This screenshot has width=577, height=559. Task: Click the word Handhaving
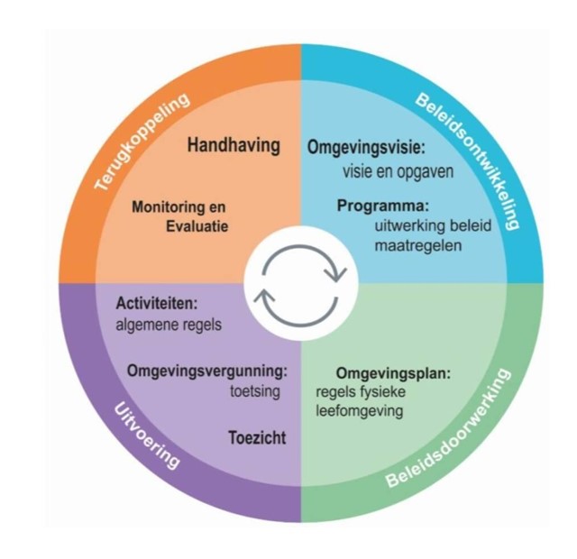[x=234, y=145]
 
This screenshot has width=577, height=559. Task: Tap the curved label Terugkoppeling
[x=142, y=142]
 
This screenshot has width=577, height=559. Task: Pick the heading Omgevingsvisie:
[x=366, y=148]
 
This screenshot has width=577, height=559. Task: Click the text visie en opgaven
[x=398, y=172]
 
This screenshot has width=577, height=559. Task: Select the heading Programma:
[x=383, y=206]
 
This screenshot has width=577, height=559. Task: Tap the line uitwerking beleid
[x=433, y=225]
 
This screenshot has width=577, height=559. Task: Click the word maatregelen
[x=418, y=245]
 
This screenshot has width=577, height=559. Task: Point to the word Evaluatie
[x=197, y=226]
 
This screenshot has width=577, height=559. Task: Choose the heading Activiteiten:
[x=157, y=304]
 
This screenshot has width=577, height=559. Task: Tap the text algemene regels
[x=169, y=325]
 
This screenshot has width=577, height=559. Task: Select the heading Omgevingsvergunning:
[x=206, y=371]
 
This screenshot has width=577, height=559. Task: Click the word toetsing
[x=255, y=391]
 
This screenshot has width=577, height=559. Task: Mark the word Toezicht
[x=257, y=438]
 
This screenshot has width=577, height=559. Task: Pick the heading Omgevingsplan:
[x=393, y=374]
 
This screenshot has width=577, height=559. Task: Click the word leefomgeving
[x=360, y=411]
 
